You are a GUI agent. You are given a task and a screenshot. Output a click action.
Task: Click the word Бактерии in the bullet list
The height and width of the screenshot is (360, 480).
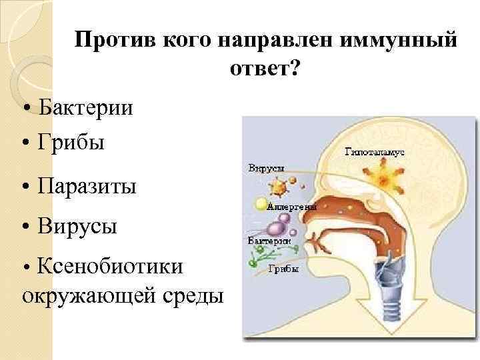pos(85,107)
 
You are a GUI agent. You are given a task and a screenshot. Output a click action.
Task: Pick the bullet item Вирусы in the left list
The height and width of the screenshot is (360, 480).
pos(78,226)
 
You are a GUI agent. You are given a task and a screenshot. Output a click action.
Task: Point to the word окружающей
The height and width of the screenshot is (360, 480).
pos(87,294)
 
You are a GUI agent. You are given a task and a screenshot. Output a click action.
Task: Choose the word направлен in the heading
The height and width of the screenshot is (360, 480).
pos(275,39)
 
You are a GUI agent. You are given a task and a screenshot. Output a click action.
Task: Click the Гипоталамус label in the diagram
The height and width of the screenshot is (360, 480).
pos(374,152)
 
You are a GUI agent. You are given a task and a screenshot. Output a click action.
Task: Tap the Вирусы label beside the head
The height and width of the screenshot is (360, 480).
pos(266,168)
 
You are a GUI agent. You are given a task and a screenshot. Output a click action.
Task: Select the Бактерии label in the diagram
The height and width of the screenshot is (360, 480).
pos(267,240)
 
